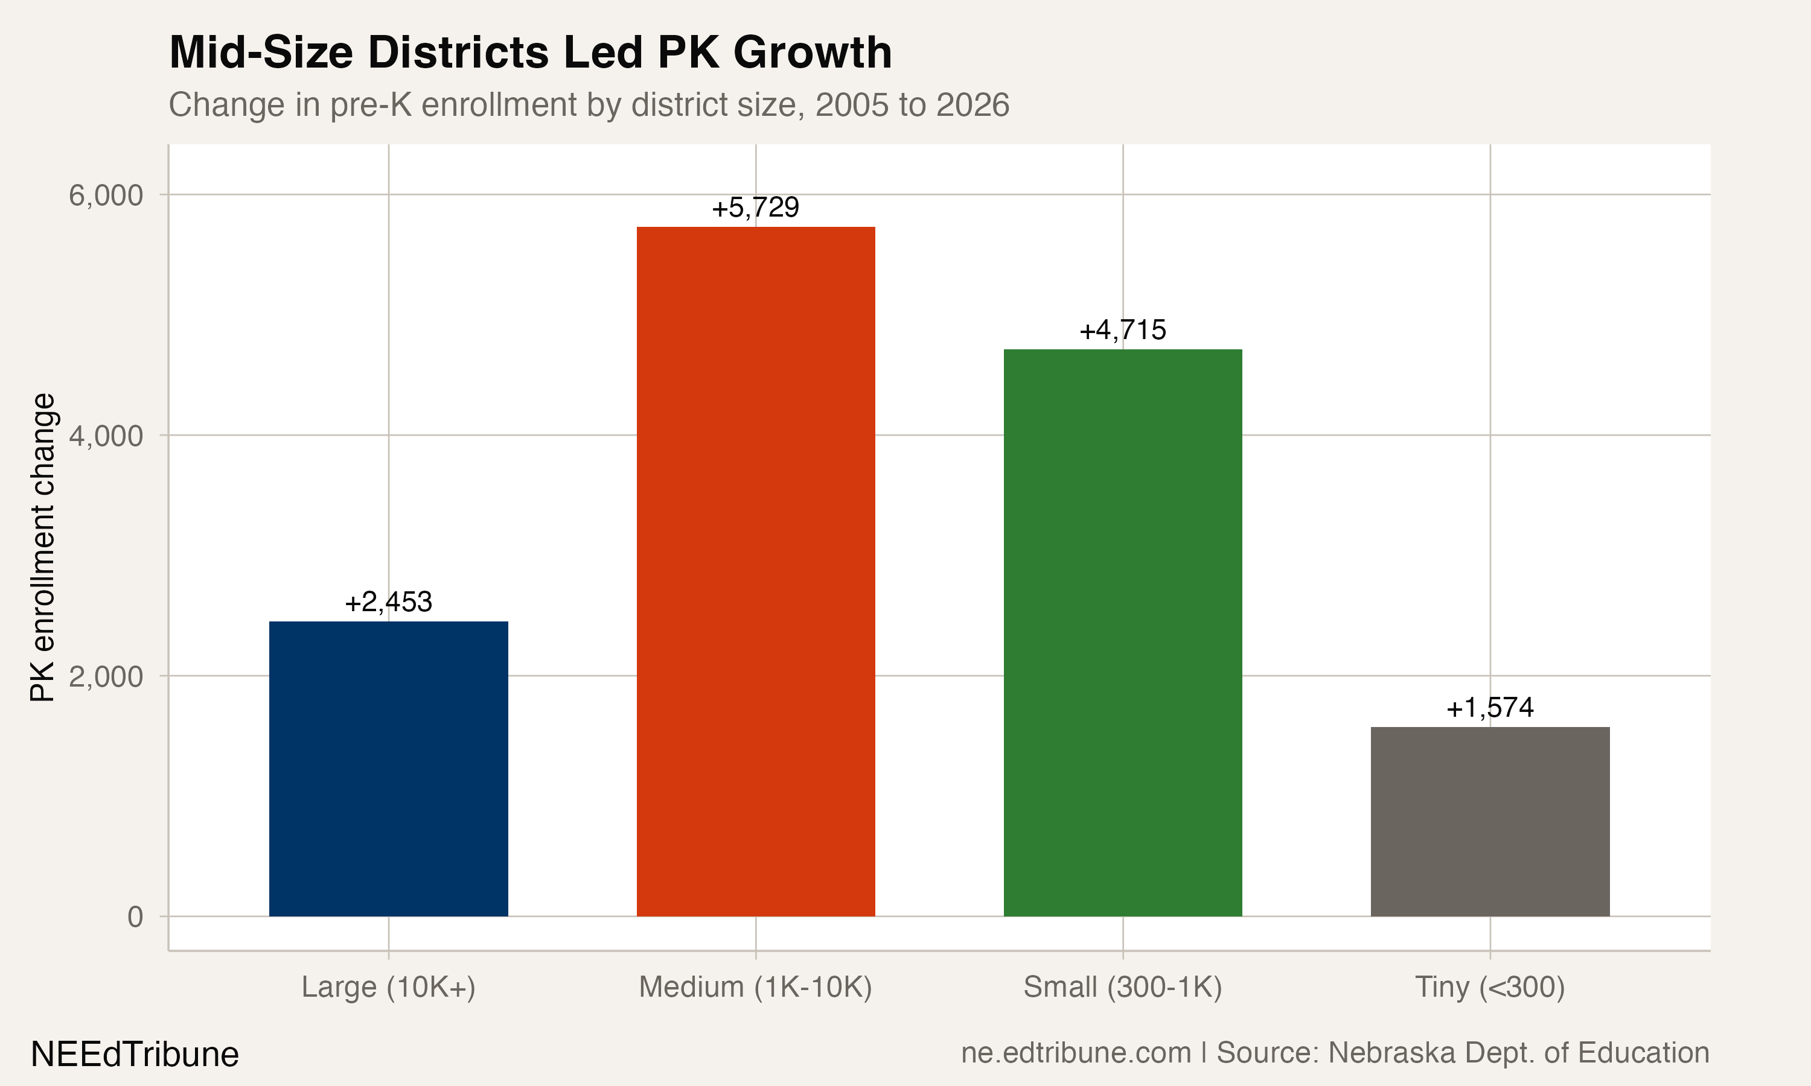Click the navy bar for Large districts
pyautogui.click(x=388, y=769)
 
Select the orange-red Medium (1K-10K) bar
pyautogui.click(x=755, y=571)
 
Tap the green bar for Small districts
pyautogui.click(x=1122, y=632)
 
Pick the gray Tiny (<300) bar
pyautogui.click(x=1490, y=821)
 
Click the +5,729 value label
pyautogui.click(x=755, y=208)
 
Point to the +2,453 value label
pyautogui.click(x=388, y=602)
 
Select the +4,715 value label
pyautogui.click(x=1122, y=330)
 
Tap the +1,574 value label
pyautogui.click(x=1490, y=708)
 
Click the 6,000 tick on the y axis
pyautogui.click(x=106, y=195)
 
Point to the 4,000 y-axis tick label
pyautogui.click(x=106, y=436)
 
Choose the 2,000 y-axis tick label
pyautogui.click(x=106, y=677)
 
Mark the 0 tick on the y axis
pyautogui.click(x=135, y=917)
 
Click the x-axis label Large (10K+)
pyautogui.click(x=388, y=987)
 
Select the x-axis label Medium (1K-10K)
pyautogui.click(x=755, y=987)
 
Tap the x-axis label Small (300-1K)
pyautogui.click(x=1122, y=987)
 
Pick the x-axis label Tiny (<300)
pyautogui.click(x=1490, y=987)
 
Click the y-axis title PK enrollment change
pyautogui.click(x=42, y=547)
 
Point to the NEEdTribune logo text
pyautogui.click(x=135, y=1055)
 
